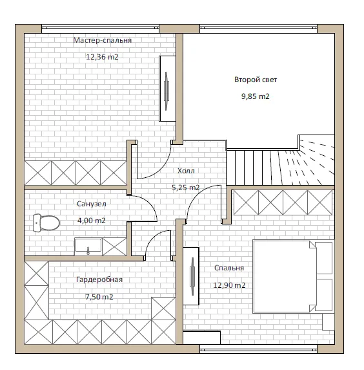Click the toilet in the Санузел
[46, 223]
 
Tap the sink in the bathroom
[88, 246]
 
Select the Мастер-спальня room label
[102, 40]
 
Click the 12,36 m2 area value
[102, 57]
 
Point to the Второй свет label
[256, 80]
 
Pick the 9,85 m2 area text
[256, 96]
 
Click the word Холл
[186, 171]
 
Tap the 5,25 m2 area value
[186, 188]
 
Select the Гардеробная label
[99, 279]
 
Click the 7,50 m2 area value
[99, 297]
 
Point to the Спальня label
[229, 268]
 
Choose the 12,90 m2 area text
[229, 285]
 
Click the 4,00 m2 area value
[92, 221]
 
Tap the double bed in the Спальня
[293, 277]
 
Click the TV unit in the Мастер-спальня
[167, 89]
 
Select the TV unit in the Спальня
[191, 276]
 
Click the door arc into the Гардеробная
[154, 238]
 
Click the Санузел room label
[92, 204]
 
